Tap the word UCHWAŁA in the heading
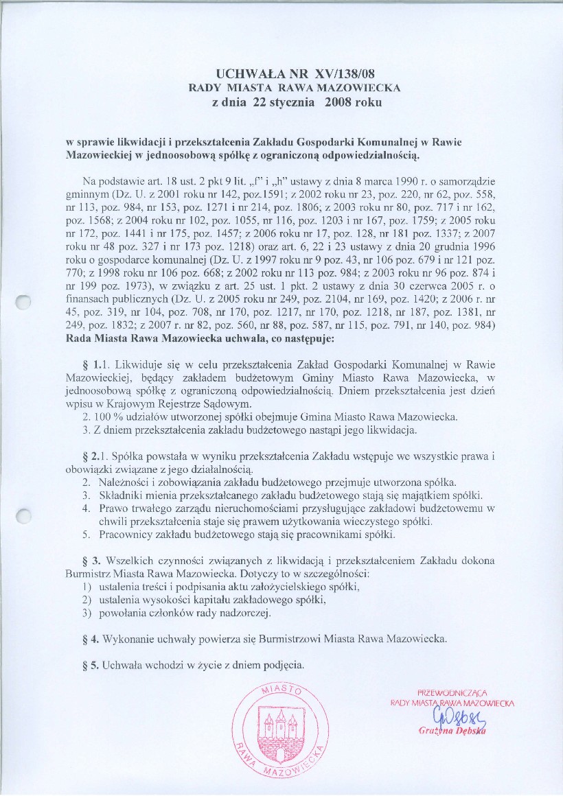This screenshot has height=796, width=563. pos(250,73)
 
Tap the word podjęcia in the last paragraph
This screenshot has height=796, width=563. pos(281,665)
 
